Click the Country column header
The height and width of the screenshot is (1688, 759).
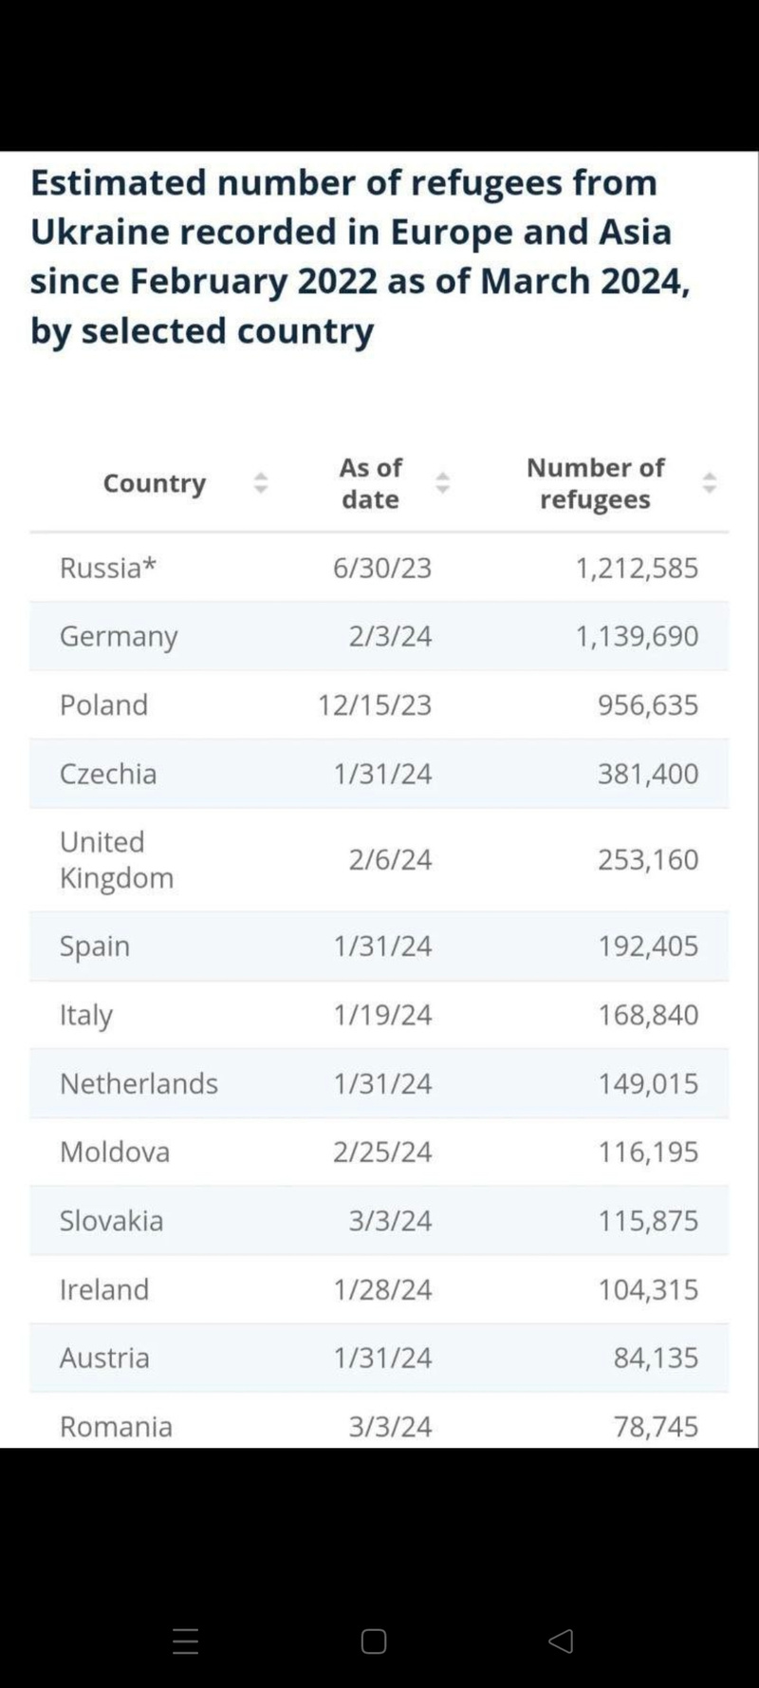tap(154, 483)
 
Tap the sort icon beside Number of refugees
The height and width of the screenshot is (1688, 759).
tap(709, 483)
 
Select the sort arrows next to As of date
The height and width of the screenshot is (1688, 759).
tap(442, 483)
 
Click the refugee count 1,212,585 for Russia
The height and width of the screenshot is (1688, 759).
tap(637, 568)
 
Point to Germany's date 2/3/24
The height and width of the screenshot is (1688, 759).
tap(390, 636)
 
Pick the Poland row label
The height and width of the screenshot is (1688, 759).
tap(103, 704)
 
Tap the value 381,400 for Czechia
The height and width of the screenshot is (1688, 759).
tap(648, 774)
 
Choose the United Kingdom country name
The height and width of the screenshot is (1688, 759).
tap(116, 859)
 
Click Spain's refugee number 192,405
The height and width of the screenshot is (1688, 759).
tap(648, 946)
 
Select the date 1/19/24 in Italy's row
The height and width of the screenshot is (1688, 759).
tap(382, 1015)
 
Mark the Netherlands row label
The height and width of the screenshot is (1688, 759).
tap(139, 1083)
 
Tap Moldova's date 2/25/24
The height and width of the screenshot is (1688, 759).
tap(382, 1152)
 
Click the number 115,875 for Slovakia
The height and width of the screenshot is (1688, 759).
tap(648, 1220)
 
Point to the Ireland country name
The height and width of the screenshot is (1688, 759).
tap(104, 1289)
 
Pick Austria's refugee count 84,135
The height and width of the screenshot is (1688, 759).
tap(656, 1358)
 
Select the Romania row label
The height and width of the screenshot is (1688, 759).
tap(116, 1426)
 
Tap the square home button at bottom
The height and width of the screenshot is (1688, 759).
tap(374, 1641)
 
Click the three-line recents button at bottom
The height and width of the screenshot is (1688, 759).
tap(186, 1641)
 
